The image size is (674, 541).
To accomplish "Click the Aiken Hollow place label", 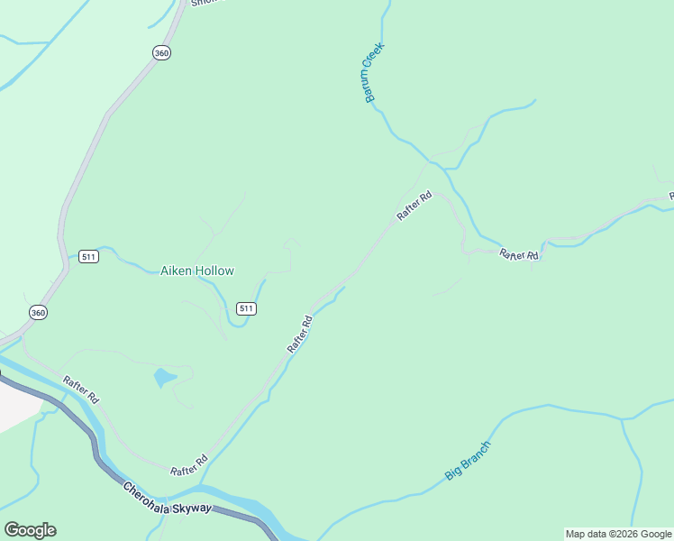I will click(196, 270).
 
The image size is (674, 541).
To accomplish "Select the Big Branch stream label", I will click(469, 461).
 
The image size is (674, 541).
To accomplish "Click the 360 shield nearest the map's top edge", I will click(161, 53).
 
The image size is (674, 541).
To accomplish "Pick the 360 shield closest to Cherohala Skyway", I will click(37, 312).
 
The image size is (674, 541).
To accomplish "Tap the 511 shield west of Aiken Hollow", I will click(88, 256).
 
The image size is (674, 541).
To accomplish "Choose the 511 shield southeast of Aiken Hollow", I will click(247, 308).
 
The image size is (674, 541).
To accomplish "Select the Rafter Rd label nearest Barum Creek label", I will click(414, 206).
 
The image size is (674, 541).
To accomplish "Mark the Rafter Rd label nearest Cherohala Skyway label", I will click(189, 464).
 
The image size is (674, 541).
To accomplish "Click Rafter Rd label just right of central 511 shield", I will click(299, 334).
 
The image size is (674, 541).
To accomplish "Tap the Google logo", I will click(30, 530).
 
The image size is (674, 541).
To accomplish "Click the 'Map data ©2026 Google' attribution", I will click(618, 534).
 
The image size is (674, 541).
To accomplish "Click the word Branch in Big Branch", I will click(477, 454).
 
